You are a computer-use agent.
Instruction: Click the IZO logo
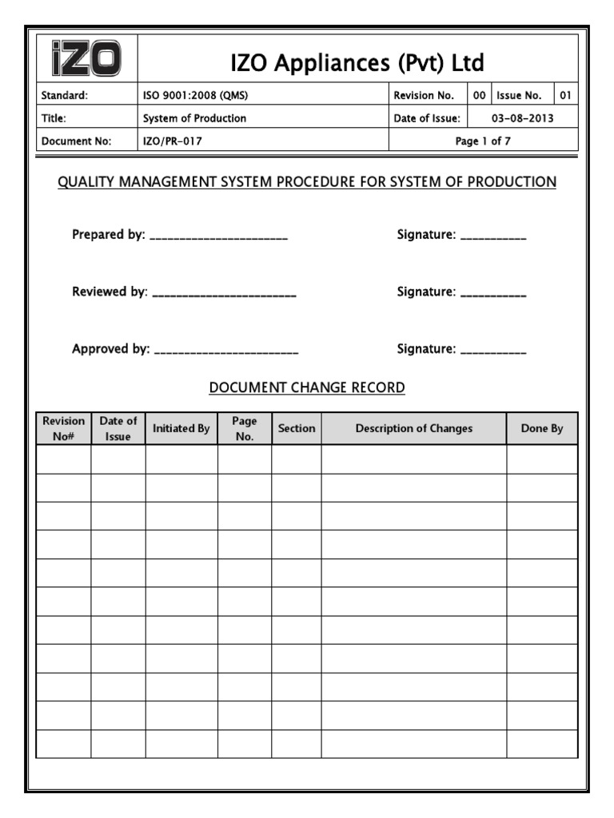coord(88,59)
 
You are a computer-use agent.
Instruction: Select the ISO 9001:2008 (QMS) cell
coord(195,96)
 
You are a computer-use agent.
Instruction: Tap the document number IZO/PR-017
coord(167,141)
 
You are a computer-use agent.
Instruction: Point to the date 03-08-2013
coord(522,118)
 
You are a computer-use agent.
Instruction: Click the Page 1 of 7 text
coord(483,141)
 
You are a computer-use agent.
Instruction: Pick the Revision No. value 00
coord(479,96)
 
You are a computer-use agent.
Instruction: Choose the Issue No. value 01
coord(565,96)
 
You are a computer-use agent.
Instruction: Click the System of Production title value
coord(194,118)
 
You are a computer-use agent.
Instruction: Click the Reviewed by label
coord(110,292)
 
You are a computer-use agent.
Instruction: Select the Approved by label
coord(111,348)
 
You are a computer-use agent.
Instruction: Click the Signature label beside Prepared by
coord(426,235)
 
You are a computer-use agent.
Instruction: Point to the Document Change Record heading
coord(307,387)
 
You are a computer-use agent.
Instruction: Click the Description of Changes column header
coord(414,428)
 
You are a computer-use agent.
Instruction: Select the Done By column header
coord(542,428)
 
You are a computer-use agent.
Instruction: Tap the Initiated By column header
coord(181,428)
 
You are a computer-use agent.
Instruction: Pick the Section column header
coord(297,428)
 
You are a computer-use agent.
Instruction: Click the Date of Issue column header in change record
coord(118,428)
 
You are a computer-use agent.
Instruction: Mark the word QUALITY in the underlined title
coord(86,182)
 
